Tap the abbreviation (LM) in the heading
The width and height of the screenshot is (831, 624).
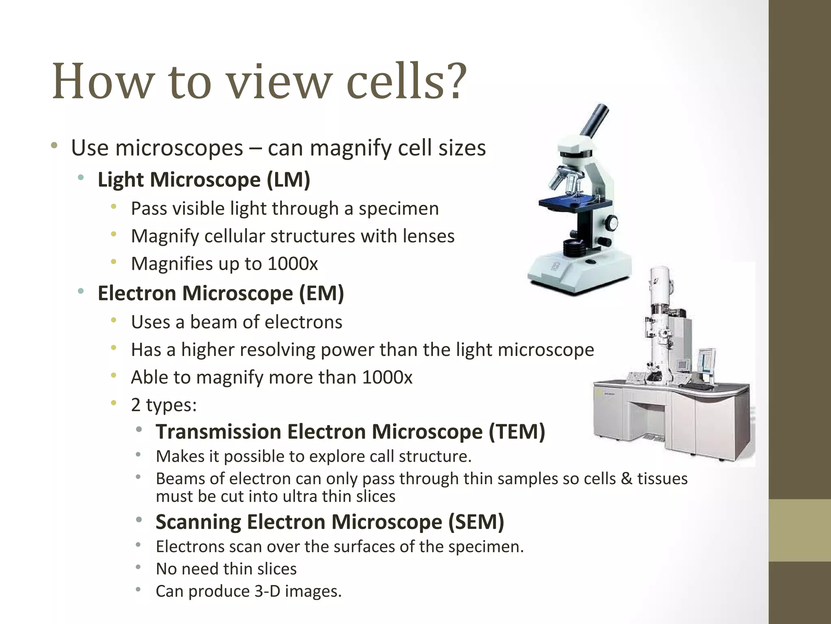[288, 180]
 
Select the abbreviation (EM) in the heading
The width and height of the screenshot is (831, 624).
[321, 293]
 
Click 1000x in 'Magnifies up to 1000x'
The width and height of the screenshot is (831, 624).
[293, 264]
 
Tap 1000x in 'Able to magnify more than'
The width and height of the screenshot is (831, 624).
[387, 377]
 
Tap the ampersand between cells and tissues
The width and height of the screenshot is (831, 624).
[626, 479]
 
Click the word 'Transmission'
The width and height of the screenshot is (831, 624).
[219, 431]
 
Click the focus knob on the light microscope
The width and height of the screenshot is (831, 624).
[611, 223]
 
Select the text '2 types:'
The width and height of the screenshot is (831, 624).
[164, 405]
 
